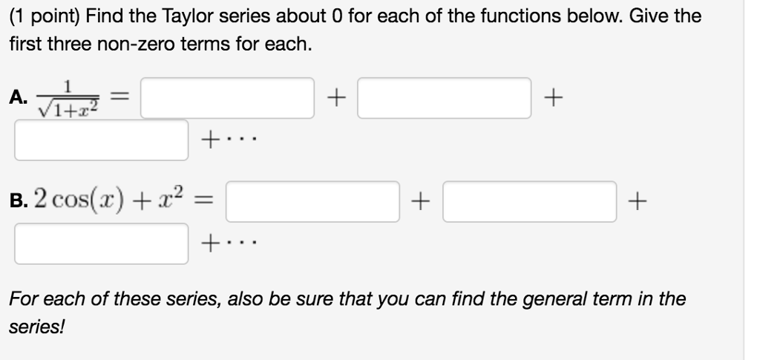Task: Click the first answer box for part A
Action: [227, 98]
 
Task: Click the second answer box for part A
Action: [444, 98]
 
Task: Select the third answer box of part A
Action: [102, 140]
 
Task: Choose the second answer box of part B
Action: [530, 201]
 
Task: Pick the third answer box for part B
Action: [102, 243]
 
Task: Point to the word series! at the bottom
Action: [36, 327]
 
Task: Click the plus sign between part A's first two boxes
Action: [337, 97]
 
